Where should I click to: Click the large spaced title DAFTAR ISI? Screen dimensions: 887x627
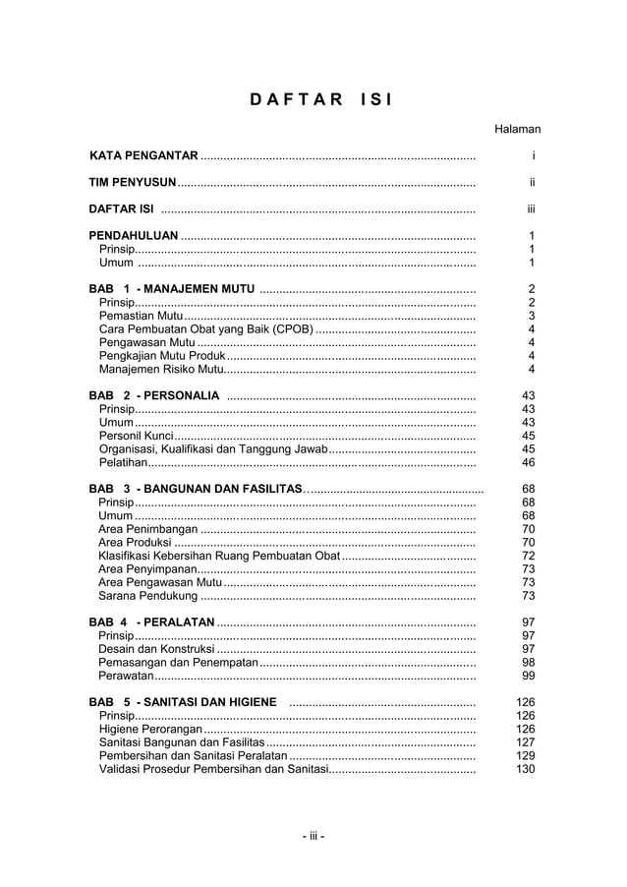point(313,99)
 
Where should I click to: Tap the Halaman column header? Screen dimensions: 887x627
point(517,129)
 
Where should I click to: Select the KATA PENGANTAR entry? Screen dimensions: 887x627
point(143,155)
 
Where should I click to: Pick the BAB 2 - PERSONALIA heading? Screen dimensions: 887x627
point(154,395)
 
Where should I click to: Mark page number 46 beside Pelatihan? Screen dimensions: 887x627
point(528,462)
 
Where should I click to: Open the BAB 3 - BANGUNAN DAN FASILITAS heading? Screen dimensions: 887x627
point(196,489)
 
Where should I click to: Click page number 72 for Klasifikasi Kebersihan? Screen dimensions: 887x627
point(528,556)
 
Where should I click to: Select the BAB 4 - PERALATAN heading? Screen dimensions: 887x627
point(151,622)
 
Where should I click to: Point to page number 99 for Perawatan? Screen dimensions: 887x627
point(528,676)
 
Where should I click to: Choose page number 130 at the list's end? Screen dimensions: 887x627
point(526,769)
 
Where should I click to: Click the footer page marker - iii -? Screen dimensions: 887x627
point(313,837)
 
